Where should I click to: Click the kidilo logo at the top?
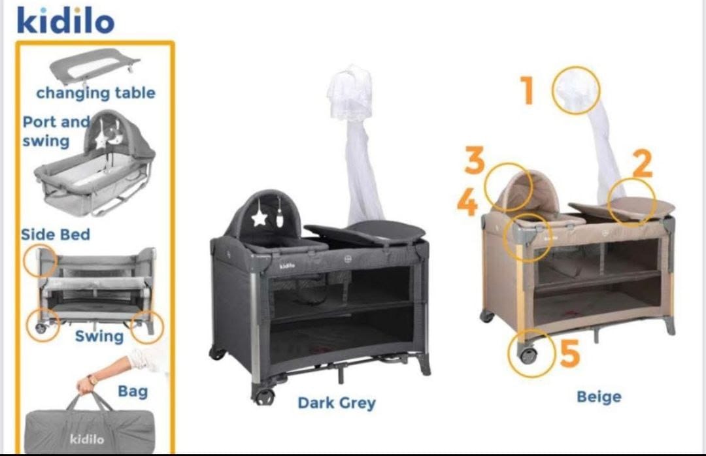tap(65, 21)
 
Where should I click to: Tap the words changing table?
tap(95, 93)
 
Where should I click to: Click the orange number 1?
tap(528, 90)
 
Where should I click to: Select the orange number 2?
tap(643, 164)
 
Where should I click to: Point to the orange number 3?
tap(475, 160)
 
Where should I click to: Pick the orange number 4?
tap(467, 202)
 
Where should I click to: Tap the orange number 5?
tap(570, 353)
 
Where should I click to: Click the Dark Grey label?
tap(337, 403)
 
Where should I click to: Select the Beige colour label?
tap(599, 397)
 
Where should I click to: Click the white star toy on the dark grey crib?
tap(260, 218)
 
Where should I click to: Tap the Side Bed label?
tap(56, 235)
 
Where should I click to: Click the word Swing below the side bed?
tap(99, 336)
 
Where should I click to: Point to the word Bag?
tap(133, 391)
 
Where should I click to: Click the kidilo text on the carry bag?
tap(87, 438)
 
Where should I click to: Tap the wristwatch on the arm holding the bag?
tap(93, 380)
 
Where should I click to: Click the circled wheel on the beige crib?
tap(529, 354)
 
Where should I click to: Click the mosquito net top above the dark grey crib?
tap(350, 92)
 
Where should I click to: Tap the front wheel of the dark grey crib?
tap(263, 396)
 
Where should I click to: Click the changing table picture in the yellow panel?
tap(93, 66)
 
